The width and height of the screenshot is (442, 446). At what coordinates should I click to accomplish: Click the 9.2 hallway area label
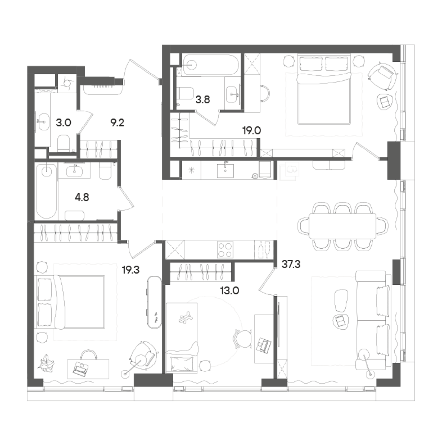coord(117,123)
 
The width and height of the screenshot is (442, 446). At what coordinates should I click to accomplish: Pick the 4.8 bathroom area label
coord(81,197)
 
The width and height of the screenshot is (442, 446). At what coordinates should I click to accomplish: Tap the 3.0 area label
coord(63,123)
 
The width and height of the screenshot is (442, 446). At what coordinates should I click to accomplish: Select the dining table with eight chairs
coord(342,226)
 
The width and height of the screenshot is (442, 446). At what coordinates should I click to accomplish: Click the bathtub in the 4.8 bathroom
coord(47,191)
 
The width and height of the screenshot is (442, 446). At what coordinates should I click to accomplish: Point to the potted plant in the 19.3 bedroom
coord(46,362)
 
